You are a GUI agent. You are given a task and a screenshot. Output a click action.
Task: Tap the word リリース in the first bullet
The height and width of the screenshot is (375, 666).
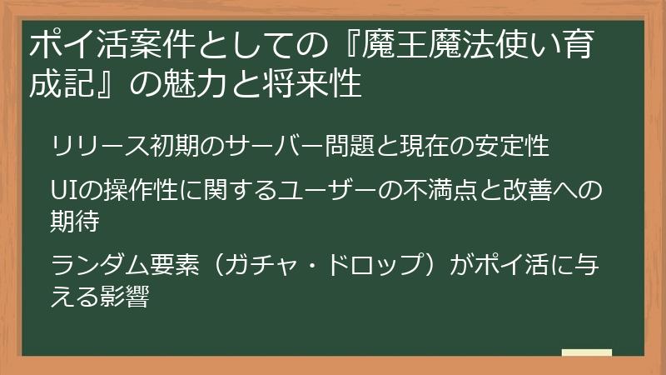point(92,147)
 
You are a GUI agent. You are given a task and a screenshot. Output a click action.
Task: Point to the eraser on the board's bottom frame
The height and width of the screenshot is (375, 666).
point(586,352)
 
